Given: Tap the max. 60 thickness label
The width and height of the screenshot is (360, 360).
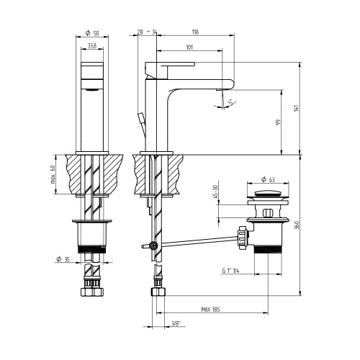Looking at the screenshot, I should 53,174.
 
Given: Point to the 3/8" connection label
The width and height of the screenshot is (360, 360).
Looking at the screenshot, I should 175,325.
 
